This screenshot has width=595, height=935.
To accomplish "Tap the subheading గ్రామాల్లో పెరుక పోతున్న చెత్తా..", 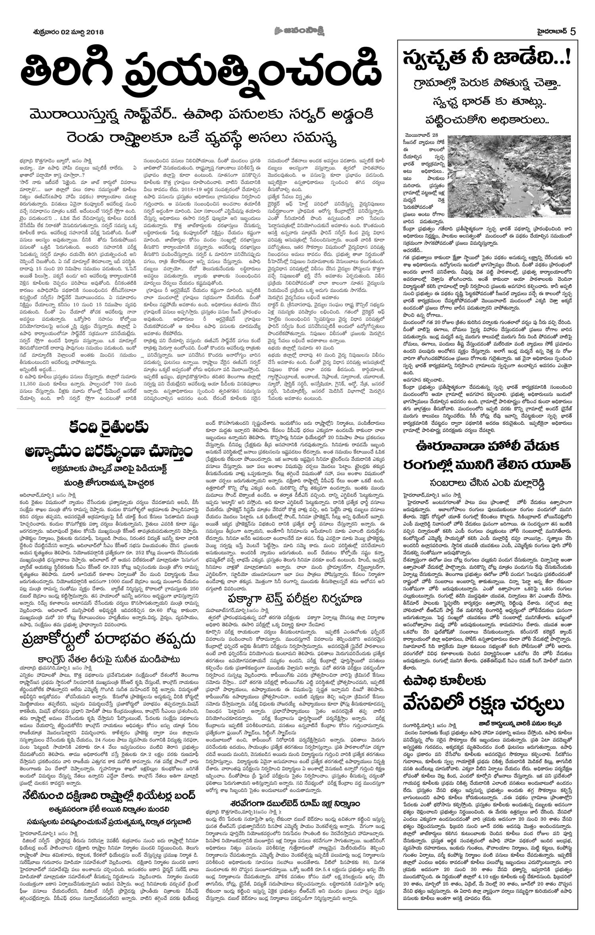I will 487,84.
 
